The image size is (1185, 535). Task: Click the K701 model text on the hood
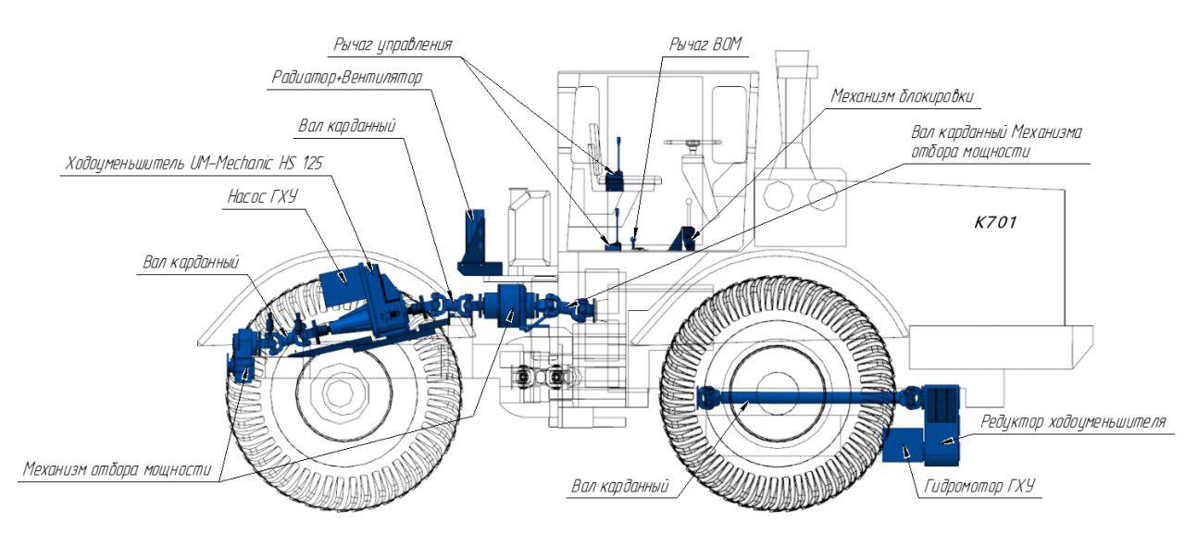(995, 223)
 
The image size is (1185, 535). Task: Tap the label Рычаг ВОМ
(706, 44)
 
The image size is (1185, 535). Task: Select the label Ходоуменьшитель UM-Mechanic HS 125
(195, 164)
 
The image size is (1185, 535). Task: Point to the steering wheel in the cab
(691, 143)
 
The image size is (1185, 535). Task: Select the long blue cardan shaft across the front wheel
(796, 400)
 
